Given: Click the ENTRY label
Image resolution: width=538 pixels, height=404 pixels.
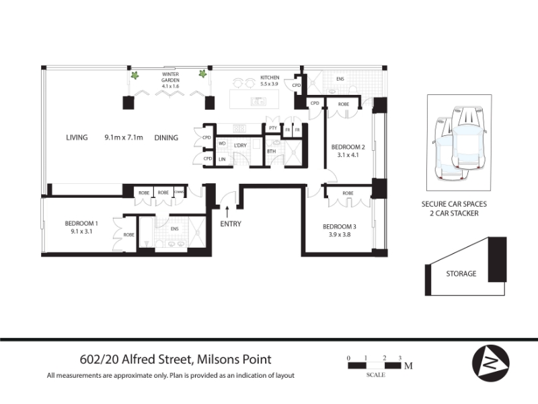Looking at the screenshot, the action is [231, 224].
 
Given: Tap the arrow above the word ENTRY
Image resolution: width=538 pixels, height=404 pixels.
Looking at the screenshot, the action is [227, 211].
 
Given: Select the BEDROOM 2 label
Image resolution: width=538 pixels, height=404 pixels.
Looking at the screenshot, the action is [348, 147].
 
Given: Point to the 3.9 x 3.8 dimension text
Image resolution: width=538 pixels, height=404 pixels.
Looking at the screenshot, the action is [340, 235].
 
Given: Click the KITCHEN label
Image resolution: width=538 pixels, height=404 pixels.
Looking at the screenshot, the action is [270, 77].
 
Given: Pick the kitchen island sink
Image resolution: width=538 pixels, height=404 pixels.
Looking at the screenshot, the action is [258, 102].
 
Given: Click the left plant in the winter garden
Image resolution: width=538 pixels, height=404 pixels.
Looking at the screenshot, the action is [135, 75].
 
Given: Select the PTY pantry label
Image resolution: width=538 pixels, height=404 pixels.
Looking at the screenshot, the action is [273, 128].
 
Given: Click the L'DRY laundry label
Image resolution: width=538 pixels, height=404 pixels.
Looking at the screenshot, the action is [240, 145].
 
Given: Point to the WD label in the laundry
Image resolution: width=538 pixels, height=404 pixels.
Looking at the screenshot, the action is [222, 143].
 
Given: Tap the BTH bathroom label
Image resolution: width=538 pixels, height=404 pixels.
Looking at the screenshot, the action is [272, 151].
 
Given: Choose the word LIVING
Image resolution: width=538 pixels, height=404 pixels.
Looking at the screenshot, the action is [77, 137].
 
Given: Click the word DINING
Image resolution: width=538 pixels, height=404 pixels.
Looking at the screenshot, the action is [166, 138].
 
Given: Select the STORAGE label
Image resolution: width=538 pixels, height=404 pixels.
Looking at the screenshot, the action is [461, 274].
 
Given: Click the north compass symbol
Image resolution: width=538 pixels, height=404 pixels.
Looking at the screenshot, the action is [491, 363].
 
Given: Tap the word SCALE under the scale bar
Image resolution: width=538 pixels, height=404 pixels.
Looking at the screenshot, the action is [376, 375].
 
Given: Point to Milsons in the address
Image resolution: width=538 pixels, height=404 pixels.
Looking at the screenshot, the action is [218, 360].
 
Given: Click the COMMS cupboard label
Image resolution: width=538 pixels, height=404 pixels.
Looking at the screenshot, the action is [179, 192].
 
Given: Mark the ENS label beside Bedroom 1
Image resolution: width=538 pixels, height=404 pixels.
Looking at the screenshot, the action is [174, 229].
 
